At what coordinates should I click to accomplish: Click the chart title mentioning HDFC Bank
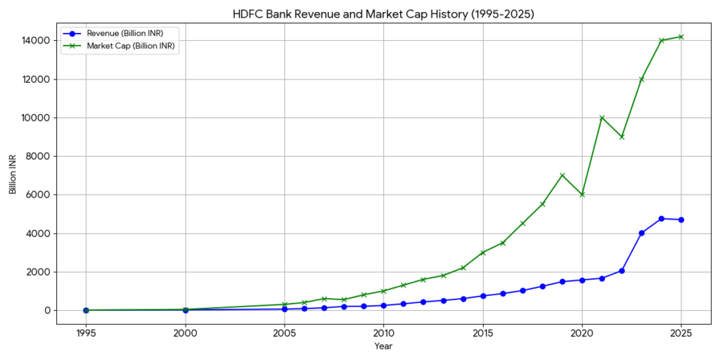click(x=384, y=13)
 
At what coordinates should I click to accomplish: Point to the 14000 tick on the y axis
click(x=35, y=41)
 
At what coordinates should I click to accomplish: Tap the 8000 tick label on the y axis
click(x=37, y=156)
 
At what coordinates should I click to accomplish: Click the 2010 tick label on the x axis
click(x=383, y=333)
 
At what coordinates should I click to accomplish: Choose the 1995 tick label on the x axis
click(x=86, y=333)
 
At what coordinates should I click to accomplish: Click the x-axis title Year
click(x=383, y=346)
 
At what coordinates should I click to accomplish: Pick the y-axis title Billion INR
click(x=13, y=175)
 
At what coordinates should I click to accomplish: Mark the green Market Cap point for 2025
click(x=681, y=37)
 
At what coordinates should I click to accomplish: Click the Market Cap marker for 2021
click(x=602, y=117)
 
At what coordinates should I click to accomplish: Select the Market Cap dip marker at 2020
click(x=582, y=195)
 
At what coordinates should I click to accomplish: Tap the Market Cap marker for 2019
click(x=562, y=175)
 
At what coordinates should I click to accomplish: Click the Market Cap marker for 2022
click(x=622, y=137)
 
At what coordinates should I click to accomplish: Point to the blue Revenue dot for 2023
click(x=641, y=233)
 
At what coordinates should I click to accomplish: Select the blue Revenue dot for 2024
click(x=662, y=219)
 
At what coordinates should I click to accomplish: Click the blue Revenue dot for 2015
click(x=483, y=296)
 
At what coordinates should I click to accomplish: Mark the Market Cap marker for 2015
click(x=483, y=252)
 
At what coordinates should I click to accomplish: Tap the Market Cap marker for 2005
click(x=284, y=304)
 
